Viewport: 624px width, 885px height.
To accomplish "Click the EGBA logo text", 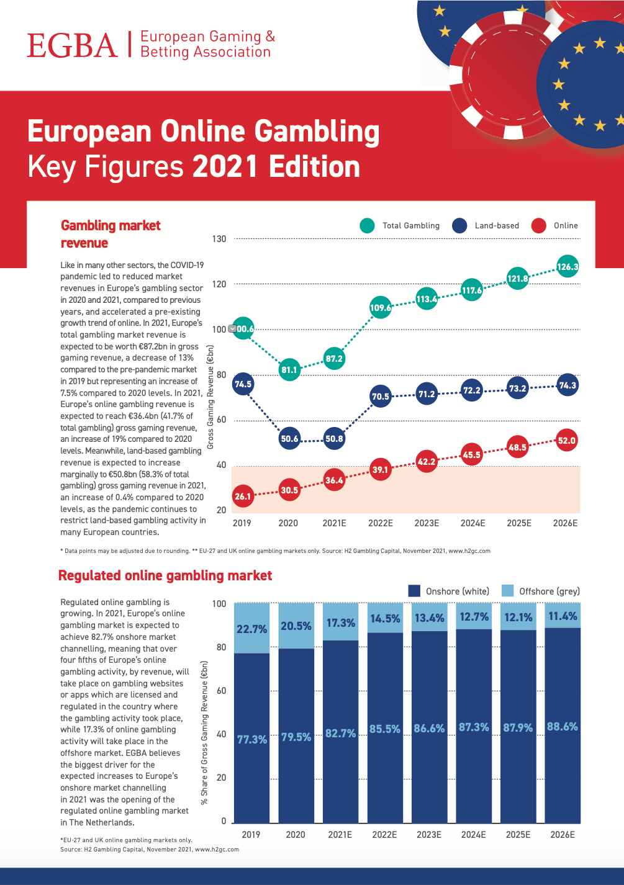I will [x=72, y=45].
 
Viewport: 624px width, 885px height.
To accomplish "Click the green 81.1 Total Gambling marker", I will [x=289, y=370].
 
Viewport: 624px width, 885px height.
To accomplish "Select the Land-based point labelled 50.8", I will [x=334, y=439].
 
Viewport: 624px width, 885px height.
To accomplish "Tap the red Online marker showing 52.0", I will [x=567, y=441].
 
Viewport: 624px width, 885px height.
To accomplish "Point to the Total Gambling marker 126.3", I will [x=567, y=267].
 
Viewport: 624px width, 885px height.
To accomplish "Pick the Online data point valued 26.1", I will [x=243, y=496].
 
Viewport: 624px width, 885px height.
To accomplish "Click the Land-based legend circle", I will [x=459, y=226].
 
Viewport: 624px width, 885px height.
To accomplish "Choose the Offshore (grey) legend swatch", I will [x=507, y=591].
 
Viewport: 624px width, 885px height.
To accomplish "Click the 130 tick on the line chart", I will [x=220, y=239].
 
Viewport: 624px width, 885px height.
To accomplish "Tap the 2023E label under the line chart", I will [x=427, y=523].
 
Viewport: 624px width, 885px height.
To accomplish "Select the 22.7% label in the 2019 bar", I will [x=251, y=629].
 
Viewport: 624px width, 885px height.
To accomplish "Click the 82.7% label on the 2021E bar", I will [x=341, y=733].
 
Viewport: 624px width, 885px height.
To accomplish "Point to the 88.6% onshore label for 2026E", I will [x=563, y=726].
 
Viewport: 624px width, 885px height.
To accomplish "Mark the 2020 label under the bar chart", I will [x=296, y=835].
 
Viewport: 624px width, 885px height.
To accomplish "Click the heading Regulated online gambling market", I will [x=165, y=576].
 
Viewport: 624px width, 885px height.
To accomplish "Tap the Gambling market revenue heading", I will [x=111, y=234].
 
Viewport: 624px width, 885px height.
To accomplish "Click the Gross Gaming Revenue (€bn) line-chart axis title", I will [x=210, y=397].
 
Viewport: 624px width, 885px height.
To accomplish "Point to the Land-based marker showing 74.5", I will [x=243, y=384].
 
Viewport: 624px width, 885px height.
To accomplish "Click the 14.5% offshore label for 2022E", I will [x=385, y=619].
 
